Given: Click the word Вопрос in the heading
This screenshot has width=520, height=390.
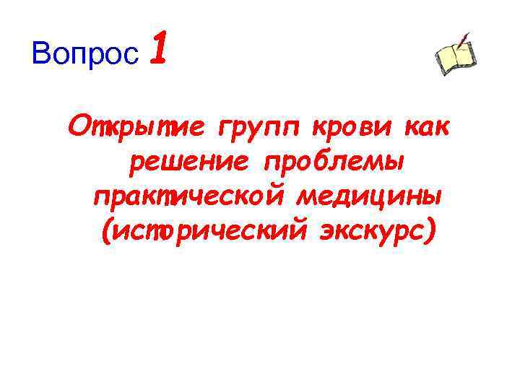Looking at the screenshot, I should coord(86,54).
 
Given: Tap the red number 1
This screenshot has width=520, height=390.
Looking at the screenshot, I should coord(160,51).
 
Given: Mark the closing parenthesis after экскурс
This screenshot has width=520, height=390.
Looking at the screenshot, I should coord(431,233).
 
